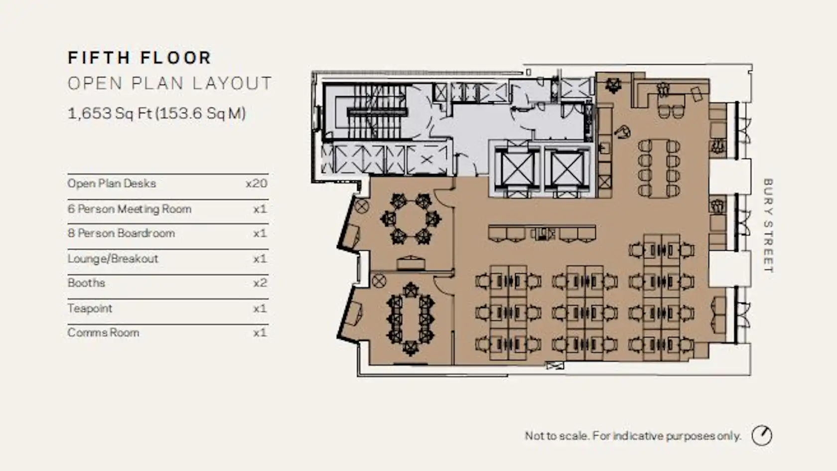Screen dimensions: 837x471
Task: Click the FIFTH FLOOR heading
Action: [x=139, y=58]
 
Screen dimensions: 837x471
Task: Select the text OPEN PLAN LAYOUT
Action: [x=169, y=83]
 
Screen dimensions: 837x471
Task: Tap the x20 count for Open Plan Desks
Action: [x=256, y=183]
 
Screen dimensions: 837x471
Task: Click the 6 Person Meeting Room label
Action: [x=130, y=209]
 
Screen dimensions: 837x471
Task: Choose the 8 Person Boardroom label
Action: [x=121, y=233]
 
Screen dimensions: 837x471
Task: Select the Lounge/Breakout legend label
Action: [x=113, y=259]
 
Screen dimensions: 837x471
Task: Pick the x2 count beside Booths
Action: [x=260, y=283]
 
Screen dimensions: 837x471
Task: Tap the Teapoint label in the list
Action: [x=90, y=309]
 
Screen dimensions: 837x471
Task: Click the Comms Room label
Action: [x=103, y=333]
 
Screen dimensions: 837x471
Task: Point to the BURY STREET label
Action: [x=768, y=225]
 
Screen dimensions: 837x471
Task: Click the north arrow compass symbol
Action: [x=761, y=436]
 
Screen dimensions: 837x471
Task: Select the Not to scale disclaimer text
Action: [x=633, y=436]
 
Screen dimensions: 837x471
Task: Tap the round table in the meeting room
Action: [x=411, y=219]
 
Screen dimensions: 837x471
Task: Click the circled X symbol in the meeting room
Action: [x=362, y=206]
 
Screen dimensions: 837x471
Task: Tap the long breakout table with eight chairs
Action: [x=659, y=168]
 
